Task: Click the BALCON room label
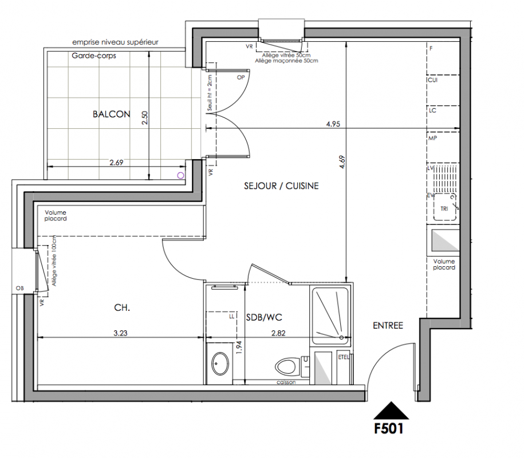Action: click(x=111, y=114)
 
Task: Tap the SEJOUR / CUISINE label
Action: click(x=281, y=185)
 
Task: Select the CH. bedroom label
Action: click(x=122, y=307)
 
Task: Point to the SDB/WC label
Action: click(x=264, y=317)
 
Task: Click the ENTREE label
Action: click(x=388, y=325)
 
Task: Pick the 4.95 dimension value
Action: click(x=333, y=124)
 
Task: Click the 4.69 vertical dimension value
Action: click(x=342, y=162)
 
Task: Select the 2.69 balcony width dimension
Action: click(x=116, y=163)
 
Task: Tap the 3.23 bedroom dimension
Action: click(x=120, y=333)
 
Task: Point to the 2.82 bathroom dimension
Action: click(x=278, y=333)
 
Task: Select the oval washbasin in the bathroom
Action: click(x=220, y=363)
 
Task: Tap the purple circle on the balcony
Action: click(x=180, y=175)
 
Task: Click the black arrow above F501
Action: click(x=391, y=410)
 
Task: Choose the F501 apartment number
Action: click(x=389, y=429)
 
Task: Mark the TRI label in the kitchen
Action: click(x=444, y=209)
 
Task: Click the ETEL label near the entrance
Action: click(x=344, y=357)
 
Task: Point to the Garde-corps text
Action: click(x=94, y=56)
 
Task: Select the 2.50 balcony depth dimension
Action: click(x=144, y=118)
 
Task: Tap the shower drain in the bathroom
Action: click(x=341, y=338)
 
